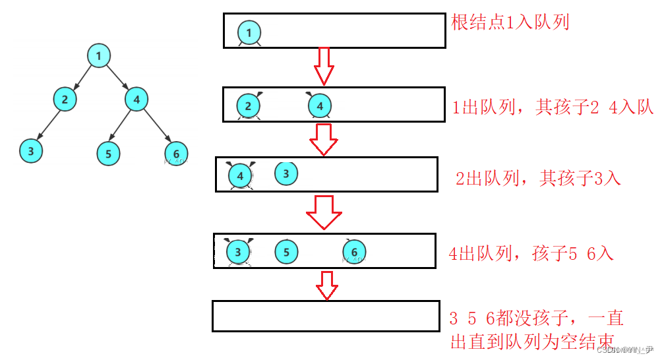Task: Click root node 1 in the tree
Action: pos(98,55)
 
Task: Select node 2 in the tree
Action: pos(65,100)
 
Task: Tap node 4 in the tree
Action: pos(136,100)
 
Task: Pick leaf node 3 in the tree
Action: pos(30,151)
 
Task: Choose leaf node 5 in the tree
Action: pos(108,154)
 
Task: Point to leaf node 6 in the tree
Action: pos(175,154)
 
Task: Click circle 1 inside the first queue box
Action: pos(249,32)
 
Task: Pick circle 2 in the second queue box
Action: pos(248,105)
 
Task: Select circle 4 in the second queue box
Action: pos(319,105)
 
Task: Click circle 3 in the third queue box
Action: pos(286,173)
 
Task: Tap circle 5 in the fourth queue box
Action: pos(286,251)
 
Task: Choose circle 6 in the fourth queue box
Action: pos(354,251)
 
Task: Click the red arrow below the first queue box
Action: pos(322,66)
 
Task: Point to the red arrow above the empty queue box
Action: pos(326,284)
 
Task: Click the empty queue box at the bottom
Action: pos(326,316)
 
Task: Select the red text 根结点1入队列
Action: pos(510,22)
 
